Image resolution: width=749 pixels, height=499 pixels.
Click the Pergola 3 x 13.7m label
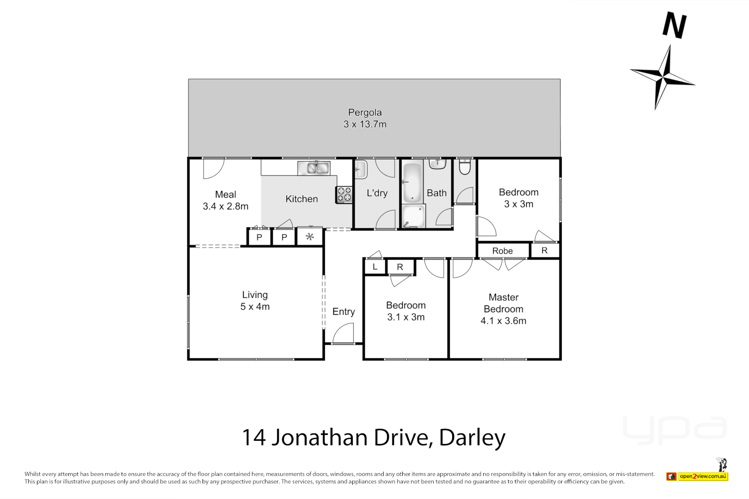[x=365, y=118]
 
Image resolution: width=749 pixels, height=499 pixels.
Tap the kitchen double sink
[x=314, y=168]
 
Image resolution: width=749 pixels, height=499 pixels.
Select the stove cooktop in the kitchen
[x=344, y=195]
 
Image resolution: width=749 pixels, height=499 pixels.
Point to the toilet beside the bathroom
[x=465, y=167]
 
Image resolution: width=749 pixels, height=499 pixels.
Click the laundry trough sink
[x=361, y=170]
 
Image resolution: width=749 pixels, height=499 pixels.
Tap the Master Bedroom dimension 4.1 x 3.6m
[x=503, y=321]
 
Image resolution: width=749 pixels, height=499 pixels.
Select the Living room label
[x=255, y=295]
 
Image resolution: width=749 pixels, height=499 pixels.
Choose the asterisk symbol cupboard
[x=310, y=237]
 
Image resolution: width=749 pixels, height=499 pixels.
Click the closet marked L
[x=375, y=267]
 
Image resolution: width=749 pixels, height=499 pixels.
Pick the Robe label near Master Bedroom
[x=502, y=251]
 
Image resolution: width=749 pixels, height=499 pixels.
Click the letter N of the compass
[x=675, y=26]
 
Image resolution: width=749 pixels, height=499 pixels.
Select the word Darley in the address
[x=472, y=438]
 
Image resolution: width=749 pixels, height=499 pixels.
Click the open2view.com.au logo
[x=703, y=476]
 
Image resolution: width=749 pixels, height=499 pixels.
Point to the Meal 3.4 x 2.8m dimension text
[x=226, y=207]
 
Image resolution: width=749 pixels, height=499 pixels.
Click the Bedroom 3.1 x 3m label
[x=405, y=311]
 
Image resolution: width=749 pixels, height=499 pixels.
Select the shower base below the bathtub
[x=413, y=216]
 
